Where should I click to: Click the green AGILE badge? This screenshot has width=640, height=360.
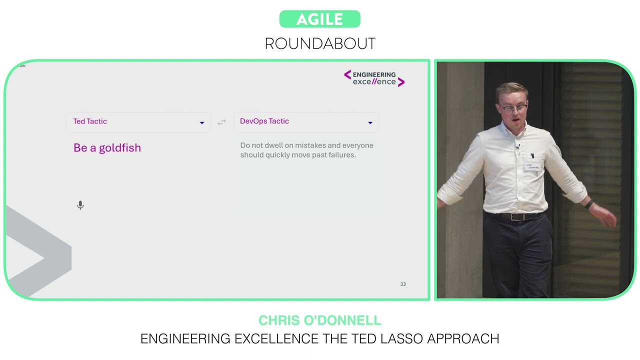(x=319, y=19)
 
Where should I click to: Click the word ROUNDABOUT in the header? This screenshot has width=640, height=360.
(x=320, y=44)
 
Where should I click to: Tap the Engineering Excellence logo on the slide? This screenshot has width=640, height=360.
(x=374, y=78)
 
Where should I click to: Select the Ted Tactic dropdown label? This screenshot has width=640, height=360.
(x=90, y=121)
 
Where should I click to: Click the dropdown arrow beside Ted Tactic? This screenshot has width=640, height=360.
(x=202, y=122)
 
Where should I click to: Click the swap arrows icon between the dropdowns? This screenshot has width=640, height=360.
(x=221, y=122)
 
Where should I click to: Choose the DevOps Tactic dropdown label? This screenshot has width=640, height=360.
(x=264, y=121)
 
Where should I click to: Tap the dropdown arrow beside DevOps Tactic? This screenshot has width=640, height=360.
(x=370, y=122)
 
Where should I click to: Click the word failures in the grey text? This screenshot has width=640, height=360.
(x=338, y=155)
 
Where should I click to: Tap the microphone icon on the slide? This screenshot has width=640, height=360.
(x=80, y=205)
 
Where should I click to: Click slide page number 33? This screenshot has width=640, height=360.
(x=403, y=284)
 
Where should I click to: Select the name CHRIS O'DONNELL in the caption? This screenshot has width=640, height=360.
(x=320, y=320)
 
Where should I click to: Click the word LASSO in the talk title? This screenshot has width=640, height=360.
(x=398, y=338)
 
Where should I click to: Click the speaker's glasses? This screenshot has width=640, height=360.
(x=513, y=107)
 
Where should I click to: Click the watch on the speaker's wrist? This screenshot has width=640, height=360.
(x=589, y=203)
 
